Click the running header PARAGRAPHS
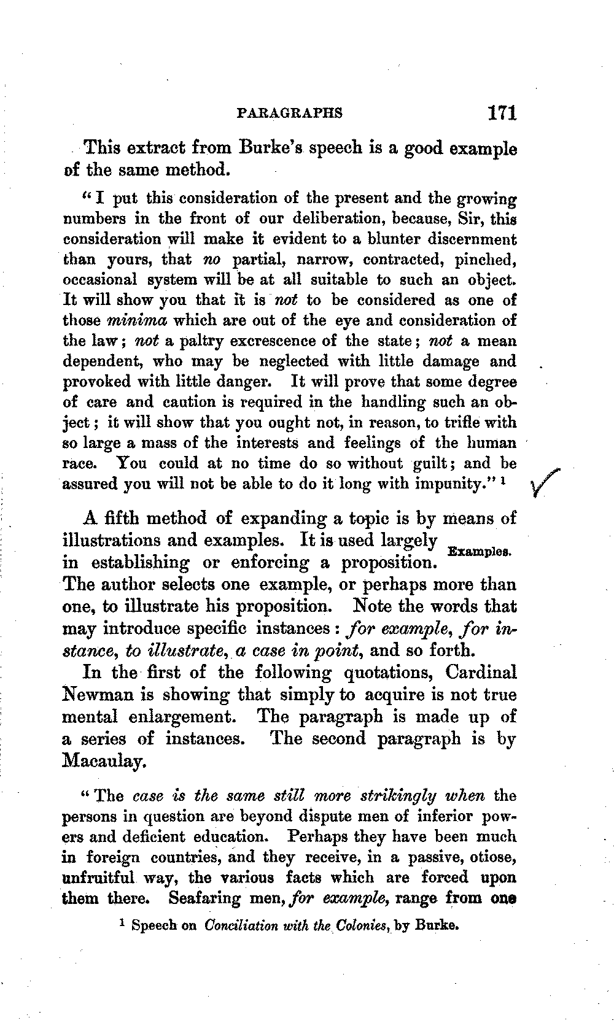289,114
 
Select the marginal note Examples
480,551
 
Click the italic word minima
137,320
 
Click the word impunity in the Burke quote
448,484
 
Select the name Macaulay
104,762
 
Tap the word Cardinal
481,672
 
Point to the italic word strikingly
398,796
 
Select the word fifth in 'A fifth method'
122,518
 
